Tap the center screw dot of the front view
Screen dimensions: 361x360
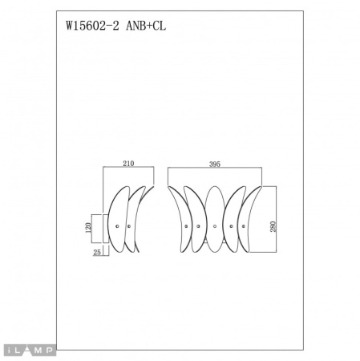pyautogui.click(x=214, y=227)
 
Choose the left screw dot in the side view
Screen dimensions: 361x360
pyautogui.click(x=117, y=227)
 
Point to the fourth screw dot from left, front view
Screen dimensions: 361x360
pyautogui.click(x=232, y=227)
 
